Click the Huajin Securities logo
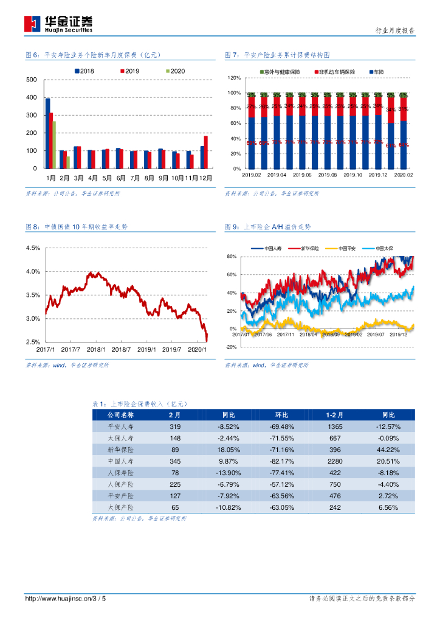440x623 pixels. pyautogui.click(x=58, y=24)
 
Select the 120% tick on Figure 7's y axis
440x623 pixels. pyautogui.click(x=234, y=78)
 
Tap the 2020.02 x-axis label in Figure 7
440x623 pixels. pyautogui.click(x=403, y=175)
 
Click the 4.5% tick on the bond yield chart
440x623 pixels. pyautogui.click(x=33, y=248)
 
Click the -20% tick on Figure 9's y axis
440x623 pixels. pyautogui.click(x=230, y=347)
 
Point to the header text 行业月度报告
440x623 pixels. pyautogui.click(x=396, y=30)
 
